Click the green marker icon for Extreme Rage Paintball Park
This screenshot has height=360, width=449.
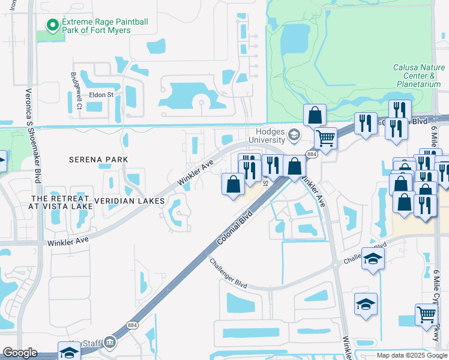pos(53,25)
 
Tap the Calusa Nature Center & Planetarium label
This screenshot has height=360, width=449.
pos(413,76)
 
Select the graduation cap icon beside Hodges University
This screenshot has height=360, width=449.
pos(294,134)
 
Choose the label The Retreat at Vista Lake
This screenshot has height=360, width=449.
pos(62,202)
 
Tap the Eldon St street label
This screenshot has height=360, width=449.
pos(101,95)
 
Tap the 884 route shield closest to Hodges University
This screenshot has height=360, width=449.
pos(311,154)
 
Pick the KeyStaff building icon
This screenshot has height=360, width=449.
pos(109,342)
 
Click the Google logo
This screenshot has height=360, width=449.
pos(20,353)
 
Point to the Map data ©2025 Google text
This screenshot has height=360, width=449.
pos(411,355)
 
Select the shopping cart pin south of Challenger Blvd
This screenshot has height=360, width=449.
pos(426,314)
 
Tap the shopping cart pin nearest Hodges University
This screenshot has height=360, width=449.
pos(325,139)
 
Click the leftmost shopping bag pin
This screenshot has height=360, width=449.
pos(234,184)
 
